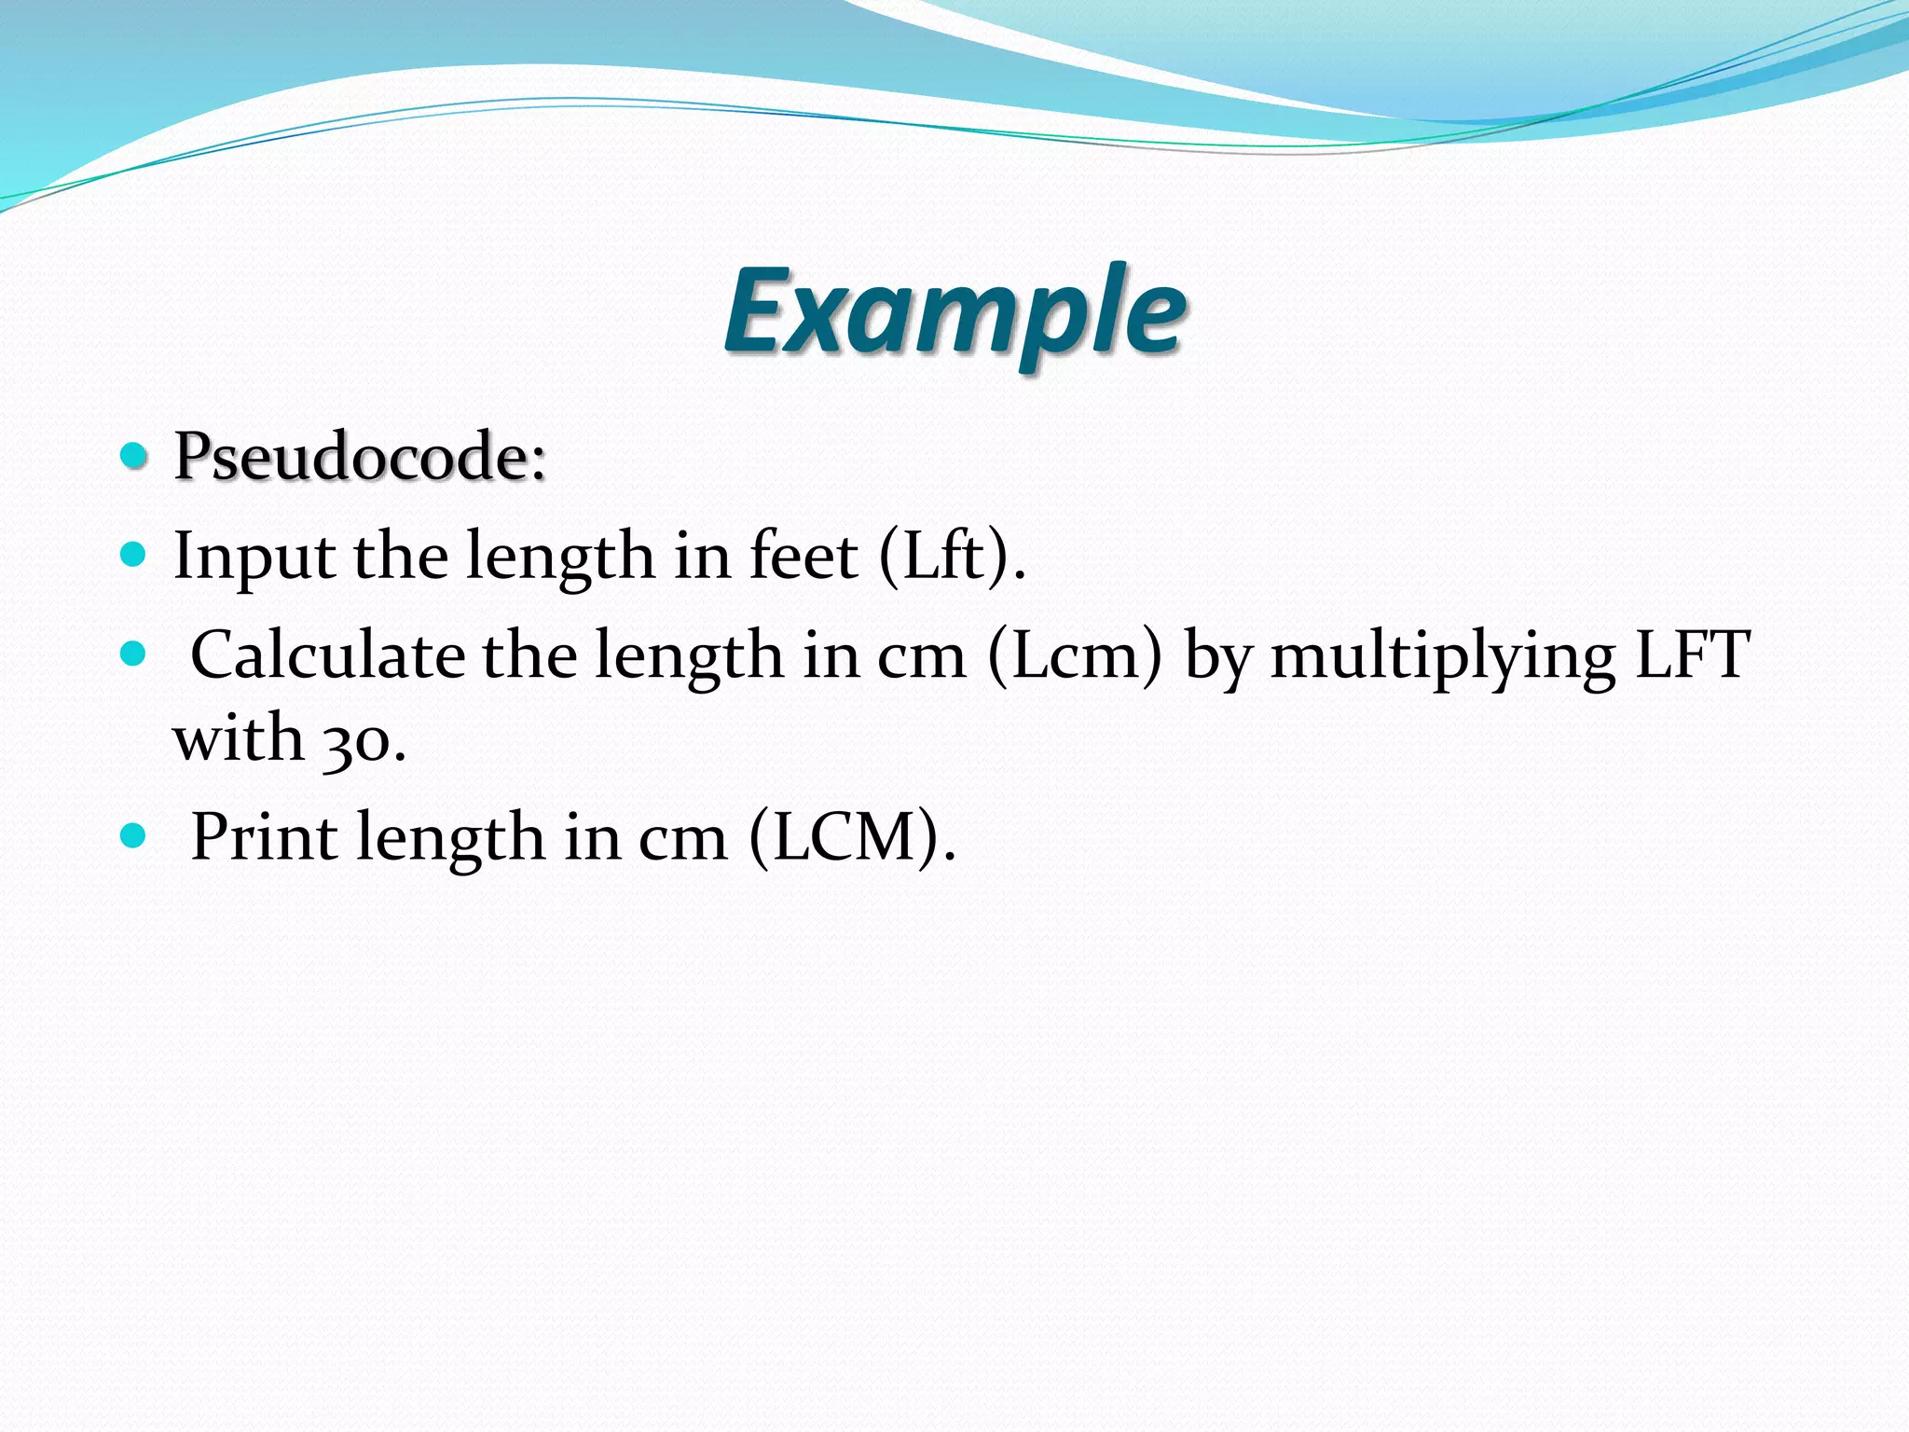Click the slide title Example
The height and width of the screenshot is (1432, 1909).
coord(954,311)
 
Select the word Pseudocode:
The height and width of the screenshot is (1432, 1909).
coord(360,457)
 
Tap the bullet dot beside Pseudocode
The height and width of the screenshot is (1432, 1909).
coord(134,456)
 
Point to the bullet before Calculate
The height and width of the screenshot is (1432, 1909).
coord(134,654)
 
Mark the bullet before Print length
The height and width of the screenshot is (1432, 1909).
coord(134,835)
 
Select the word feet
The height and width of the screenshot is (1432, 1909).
coord(803,556)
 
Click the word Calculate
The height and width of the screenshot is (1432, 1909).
coord(327,654)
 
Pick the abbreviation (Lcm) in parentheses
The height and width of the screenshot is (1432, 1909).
coord(1075,654)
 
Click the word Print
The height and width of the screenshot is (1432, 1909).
coord(264,836)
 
